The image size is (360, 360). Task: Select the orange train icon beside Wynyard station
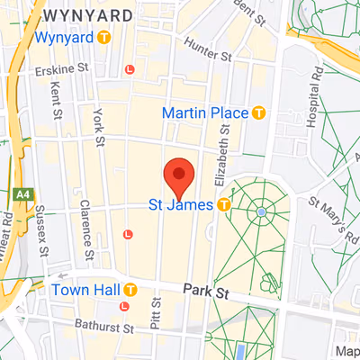click(105, 38)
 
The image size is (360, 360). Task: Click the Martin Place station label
click(205, 112)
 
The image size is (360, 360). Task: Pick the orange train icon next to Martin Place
click(260, 112)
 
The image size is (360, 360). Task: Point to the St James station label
click(180, 205)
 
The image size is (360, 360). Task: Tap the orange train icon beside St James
click(223, 205)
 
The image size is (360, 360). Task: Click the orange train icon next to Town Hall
click(130, 290)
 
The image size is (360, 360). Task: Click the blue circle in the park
click(261, 211)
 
